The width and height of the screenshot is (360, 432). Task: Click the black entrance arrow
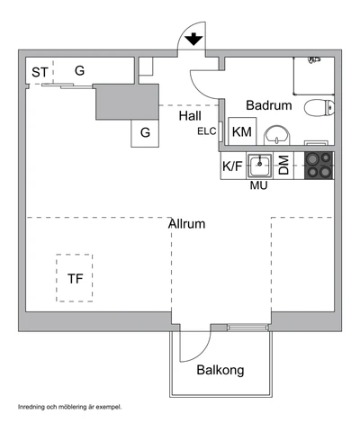pyautogui.click(x=193, y=39)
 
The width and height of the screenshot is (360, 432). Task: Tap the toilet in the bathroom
pyautogui.click(x=319, y=107)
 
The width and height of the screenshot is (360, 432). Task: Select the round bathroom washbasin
pyautogui.click(x=277, y=135)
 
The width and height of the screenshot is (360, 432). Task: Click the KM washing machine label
pyautogui.click(x=242, y=131)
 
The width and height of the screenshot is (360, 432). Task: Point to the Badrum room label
pyautogui.click(x=269, y=105)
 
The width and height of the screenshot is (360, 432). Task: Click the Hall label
pyautogui.click(x=190, y=116)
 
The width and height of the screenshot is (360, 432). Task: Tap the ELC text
pyautogui.click(x=207, y=131)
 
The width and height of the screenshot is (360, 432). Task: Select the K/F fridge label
pyautogui.click(x=232, y=166)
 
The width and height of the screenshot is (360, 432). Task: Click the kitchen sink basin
pyautogui.click(x=260, y=166)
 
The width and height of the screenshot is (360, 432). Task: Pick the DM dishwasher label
pyautogui.click(x=283, y=165)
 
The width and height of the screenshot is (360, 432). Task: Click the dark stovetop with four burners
pyautogui.click(x=319, y=166)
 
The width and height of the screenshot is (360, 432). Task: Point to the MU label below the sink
pyautogui.click(x=258, y=185)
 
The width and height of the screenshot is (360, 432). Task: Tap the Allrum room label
pyautogui.click(x=186, y=224)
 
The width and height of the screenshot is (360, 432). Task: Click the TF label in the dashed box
pyautogui.click(x=75, y=279)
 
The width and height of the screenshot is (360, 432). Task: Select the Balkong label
pyautogui.click(x=220, y=370)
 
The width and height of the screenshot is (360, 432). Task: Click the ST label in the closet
pyautogui.click(x=40, y=72)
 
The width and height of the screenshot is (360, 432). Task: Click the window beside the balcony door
pyautogui.click(x=247, y=328)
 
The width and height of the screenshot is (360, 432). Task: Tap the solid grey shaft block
pyautogui.click(x=127, y=102)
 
